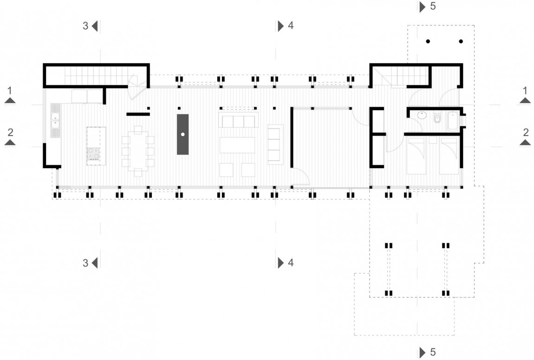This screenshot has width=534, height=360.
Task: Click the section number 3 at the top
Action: pos(85,26)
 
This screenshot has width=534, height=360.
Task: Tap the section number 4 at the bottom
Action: pos(291,262)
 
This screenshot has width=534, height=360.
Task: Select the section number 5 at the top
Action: pos(433,6)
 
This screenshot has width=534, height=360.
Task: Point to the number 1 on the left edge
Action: pos(10,91)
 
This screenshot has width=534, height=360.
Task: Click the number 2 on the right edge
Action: pos(526,132)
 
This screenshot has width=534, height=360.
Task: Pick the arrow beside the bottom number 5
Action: pos(423,352)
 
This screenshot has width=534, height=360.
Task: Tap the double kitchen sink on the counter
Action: pos(55,121)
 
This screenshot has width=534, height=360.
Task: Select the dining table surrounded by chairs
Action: pos(138,151)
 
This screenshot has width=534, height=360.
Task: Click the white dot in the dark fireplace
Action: pos(183,135)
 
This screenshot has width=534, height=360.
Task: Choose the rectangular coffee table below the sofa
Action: pos(237,145)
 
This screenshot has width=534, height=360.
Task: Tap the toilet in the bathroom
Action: pos(437,118)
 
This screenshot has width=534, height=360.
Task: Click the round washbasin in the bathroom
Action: pos(422,115)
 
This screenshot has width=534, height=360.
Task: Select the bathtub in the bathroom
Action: pos(453,121)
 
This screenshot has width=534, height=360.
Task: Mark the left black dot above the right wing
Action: pos(428,41)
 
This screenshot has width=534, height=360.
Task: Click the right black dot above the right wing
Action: pos(461,41)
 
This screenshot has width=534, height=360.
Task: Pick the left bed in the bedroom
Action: pos(416,155)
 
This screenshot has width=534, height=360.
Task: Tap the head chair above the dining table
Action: pos(138,130)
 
